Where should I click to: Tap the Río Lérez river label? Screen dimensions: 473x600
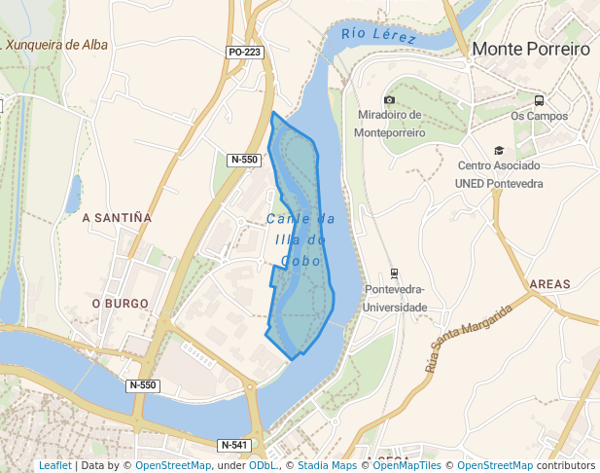(379, 36)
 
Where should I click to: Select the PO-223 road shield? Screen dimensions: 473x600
(246, 52)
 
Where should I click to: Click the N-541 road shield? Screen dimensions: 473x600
(236, 445)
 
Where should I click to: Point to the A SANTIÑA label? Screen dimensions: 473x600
(117, 217)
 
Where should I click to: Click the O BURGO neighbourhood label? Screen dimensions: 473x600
(119, 303)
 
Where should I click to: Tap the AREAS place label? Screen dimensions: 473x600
(550, 284)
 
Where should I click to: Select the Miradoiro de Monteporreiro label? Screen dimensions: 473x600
(389, 124)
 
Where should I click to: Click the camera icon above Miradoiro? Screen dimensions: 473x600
(389, 100)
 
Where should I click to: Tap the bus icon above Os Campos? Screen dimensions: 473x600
(539, 100)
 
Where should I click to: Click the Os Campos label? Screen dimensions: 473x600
(539, 117)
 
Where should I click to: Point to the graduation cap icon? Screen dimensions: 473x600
(499, 150)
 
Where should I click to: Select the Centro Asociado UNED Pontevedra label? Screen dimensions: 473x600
(499, 174)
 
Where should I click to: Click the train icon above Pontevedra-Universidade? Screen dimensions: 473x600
(394, 273)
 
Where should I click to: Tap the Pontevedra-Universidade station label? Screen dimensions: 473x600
(395, 298)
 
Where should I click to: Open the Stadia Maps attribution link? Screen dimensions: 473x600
(328, 466)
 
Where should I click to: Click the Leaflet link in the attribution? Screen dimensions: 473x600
(54, 466)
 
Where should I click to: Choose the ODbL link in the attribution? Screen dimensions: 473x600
(264, 466)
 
